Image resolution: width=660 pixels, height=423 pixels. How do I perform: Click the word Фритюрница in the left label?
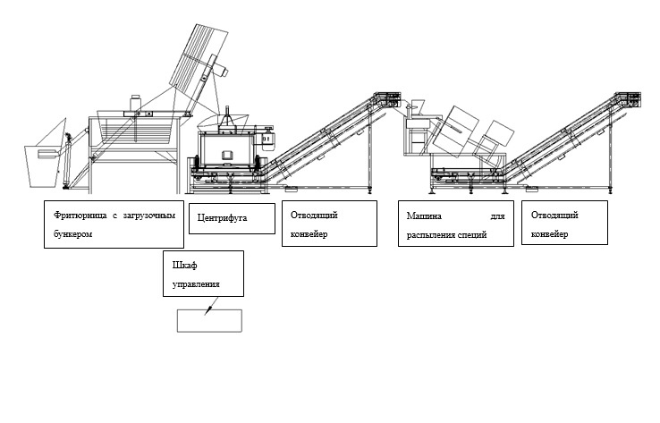pos(75,216)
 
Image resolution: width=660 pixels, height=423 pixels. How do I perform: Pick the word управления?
pos(193,285)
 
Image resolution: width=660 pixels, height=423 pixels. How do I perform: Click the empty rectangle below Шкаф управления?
pos(209,318)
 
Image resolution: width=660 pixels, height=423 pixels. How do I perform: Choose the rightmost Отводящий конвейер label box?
pos(563,223)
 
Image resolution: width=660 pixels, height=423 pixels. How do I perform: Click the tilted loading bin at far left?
pos(41,154)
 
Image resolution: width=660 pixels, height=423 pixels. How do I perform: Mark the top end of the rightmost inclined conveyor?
pos(630,98)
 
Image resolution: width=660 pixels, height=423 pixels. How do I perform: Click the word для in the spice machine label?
pos(497,216)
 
